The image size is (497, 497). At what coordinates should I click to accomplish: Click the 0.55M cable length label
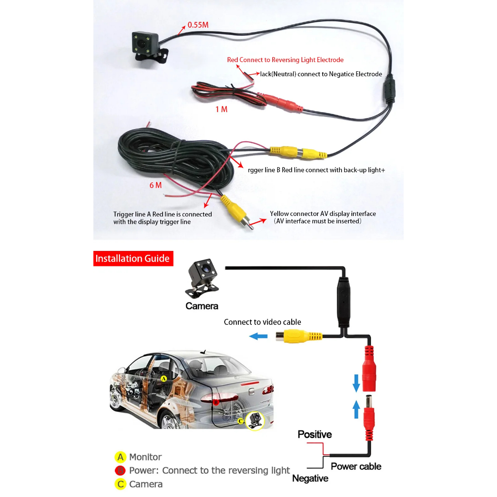tap(198, 25)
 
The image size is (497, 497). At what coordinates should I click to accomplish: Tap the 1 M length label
tap(221, 110)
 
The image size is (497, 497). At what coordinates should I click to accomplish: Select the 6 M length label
tap(155, 185)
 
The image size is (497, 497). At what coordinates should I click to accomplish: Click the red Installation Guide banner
tap(133, 258)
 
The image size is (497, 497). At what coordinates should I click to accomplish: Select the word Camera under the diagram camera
tap(202, 306)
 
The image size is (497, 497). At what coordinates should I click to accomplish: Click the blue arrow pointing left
tap(258, 336)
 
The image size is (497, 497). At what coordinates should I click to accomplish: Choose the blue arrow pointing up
tap(356, 410)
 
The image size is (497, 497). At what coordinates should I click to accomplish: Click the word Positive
tap(315, 434)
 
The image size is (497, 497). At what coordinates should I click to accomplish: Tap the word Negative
tap(310, 479)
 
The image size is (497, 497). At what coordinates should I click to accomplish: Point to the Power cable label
tap(356, 466)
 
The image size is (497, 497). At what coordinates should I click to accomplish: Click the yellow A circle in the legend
tap(120, 457)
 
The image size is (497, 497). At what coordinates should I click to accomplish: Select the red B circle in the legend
tap(120, 471)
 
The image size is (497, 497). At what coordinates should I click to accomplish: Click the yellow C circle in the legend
tap(120, 484)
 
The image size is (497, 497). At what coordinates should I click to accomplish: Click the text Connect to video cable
tap(262, 322)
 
